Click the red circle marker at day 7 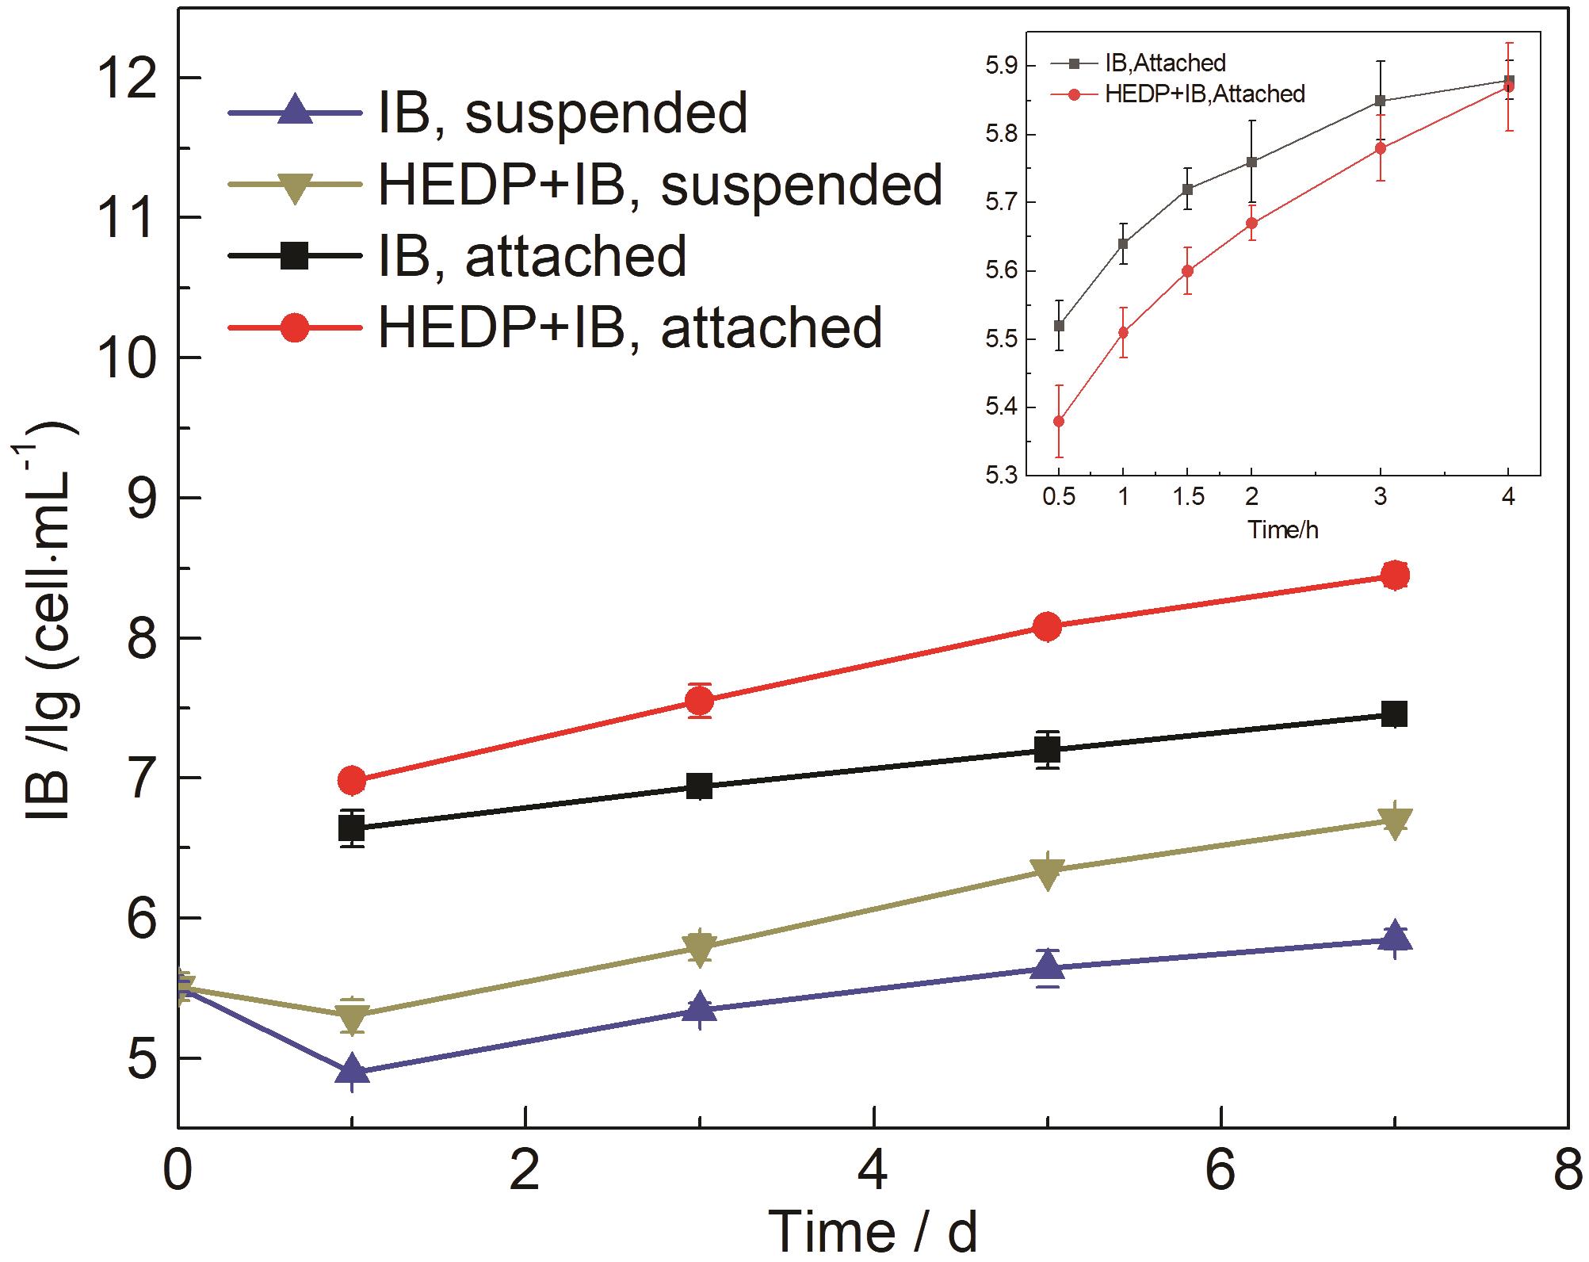click(1395, 576)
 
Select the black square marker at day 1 click(351, 828)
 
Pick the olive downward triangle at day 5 click(1048, 873)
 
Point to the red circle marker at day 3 click(699, 701)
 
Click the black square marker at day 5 click(1048, 748)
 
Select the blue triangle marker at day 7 click(1395, 939)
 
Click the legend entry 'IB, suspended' click(563, 113)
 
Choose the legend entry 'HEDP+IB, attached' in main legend click(630, 327)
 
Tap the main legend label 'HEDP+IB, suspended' click(660, 185)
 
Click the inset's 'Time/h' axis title click(1283, 530)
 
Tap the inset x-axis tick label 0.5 click(1059, 496)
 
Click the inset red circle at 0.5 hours click(1059, 421)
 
